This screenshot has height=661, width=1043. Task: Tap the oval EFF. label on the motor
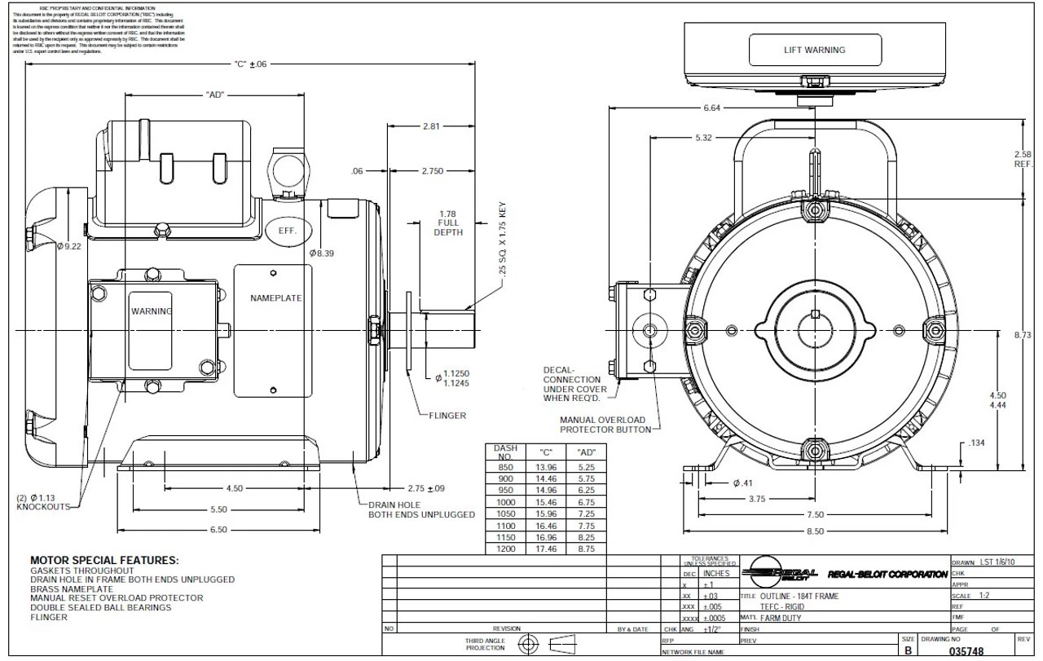tap(286, 231)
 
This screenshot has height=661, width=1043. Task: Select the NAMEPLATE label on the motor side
tap(275, 298)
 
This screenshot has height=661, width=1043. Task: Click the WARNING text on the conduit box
tap(152, 311)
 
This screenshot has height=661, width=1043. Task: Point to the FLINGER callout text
tap(447, 416)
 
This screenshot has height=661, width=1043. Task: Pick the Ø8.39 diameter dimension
tap(323, 253)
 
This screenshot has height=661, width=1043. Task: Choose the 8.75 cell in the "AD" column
tap(586, 549)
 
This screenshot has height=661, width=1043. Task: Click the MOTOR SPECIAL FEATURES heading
tap(104, 561)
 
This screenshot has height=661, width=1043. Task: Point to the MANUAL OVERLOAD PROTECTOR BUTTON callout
tap(605, 425)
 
